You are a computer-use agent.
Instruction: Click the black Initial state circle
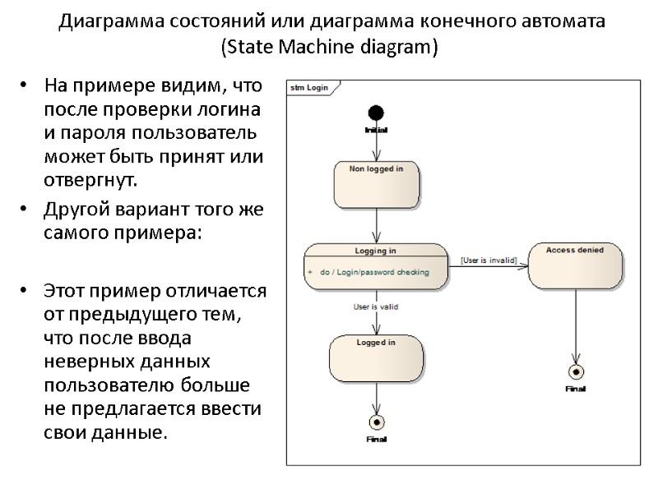pyautogui.click(x=376, y=113)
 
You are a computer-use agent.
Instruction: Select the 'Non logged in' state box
pyautogui.click(x=376, y=185)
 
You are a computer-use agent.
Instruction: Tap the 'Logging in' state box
pyautogui.click(x=376, y=266)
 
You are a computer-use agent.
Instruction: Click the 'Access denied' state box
pyautogui.click(x=574, y=265)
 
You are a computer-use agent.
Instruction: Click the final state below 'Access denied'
pyautogui.click(x=575, y=371)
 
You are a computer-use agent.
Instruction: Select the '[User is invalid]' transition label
pyautogui.click(x=489, y=260)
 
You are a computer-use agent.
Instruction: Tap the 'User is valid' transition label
pyautogui.click(x=376, y=307)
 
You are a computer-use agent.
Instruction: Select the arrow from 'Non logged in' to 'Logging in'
pyautogui.click(x=376, y=225)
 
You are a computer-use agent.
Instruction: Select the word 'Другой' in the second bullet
pyautogui.click(x=75, y=210)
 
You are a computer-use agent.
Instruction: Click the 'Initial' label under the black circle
pyautogui.click(x=376, y=130)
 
